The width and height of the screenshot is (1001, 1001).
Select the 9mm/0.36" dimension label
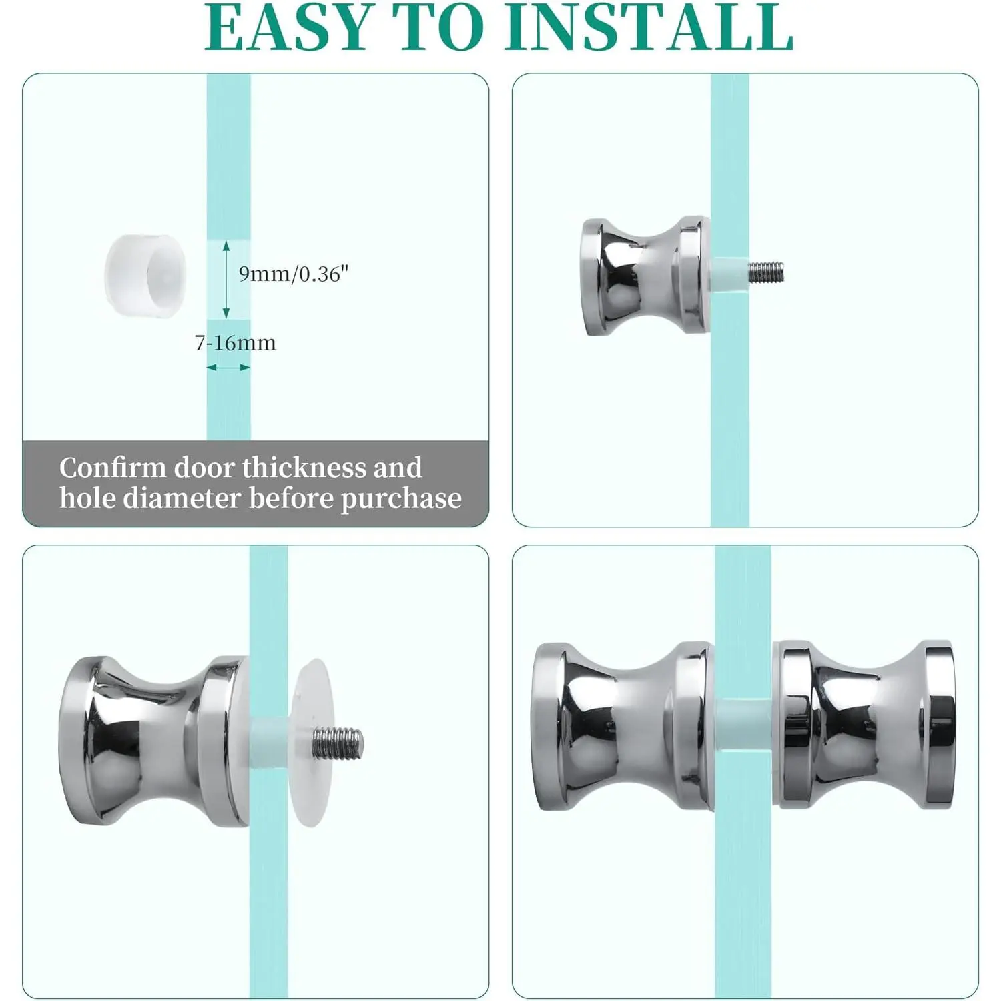point(294,274)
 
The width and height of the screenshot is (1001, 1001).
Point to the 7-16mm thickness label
point(235,343)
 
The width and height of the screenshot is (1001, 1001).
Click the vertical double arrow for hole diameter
point(226,279)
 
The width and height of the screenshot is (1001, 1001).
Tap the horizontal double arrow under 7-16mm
point(228,367)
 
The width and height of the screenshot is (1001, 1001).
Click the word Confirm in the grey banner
point(113,468)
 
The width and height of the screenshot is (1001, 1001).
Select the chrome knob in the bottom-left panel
point(155,741)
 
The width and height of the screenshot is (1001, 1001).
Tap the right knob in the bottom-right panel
point(864,725)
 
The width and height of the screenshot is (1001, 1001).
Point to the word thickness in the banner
point(302,468)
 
